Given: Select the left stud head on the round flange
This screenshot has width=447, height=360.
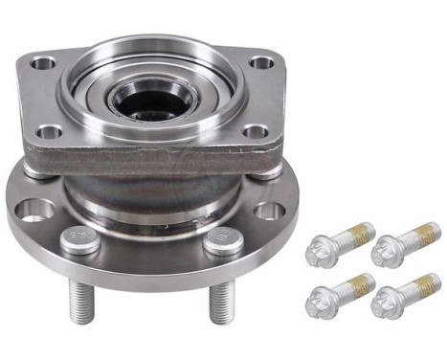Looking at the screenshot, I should point(78,239).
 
